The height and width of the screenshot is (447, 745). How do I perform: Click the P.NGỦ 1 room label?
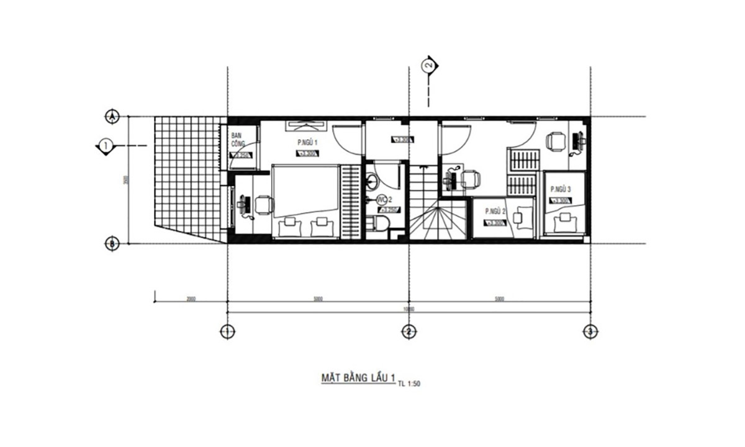click(308, 143)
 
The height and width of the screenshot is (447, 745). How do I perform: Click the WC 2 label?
click(383, 199)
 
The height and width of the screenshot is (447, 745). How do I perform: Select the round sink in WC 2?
click(372, 181)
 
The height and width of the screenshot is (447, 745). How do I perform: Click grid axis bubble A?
click(111, 116)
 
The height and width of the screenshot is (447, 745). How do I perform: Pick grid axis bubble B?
click(111, 244)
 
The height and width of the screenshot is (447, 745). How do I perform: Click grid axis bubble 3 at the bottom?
click(589, 332)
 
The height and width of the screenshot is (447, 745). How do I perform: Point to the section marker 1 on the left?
click(106, 145)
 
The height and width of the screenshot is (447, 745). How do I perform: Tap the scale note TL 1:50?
click(410, 383)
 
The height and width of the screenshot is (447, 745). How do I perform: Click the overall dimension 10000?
click(408, 308)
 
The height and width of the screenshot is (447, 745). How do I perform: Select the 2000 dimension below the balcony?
click(191, 299)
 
